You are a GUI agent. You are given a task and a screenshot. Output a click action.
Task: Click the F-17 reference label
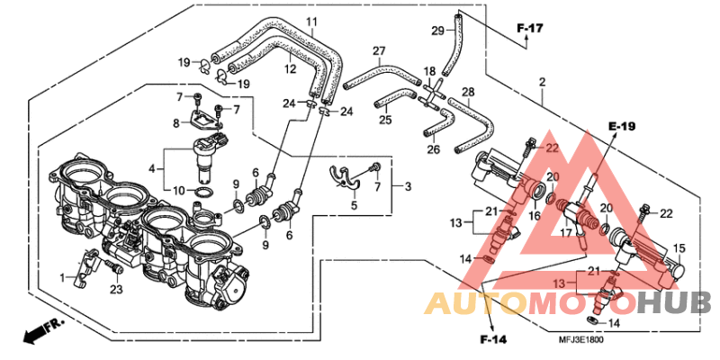530,28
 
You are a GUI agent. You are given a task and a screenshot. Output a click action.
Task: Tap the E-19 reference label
622,125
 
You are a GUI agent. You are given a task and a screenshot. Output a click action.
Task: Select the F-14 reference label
493,340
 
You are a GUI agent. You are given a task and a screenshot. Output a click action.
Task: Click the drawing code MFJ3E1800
580,340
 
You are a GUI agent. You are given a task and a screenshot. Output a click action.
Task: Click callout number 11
311,22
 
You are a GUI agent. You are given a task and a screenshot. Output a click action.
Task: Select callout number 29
437,31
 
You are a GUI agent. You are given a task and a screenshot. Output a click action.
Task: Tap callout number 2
543,82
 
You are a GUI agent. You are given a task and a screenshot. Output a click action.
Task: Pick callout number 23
117,289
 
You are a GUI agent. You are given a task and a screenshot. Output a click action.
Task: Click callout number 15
679,248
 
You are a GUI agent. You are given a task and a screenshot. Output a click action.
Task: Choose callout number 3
408,187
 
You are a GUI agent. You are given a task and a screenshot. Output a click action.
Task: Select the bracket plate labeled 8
202,117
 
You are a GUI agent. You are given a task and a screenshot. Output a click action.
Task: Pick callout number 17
566,233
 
